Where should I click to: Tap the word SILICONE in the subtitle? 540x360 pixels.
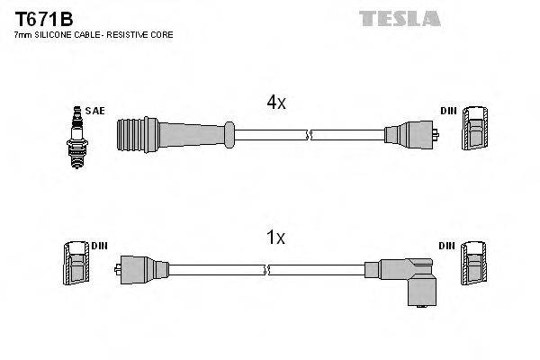pyautogui.click(x=55, y=34)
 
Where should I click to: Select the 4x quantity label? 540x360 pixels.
pyautogui.click(x=275, y=103)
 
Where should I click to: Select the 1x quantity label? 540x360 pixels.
pyautogui.click(x=275, y=238)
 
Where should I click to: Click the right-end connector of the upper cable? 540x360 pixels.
pyautogui.click(x=412, y=136)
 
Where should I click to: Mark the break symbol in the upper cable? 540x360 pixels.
pyautogui.click(x=309, y=136)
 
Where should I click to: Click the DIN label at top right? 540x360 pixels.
pyautogui.click(x=448, y=111)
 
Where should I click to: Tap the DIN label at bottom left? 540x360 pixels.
pyautogui.click(x=99, y=246)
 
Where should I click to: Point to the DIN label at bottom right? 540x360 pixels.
pyautogui.click(x=448, y=246)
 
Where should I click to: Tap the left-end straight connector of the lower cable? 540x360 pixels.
pyautogui.click(x=140, y=268)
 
